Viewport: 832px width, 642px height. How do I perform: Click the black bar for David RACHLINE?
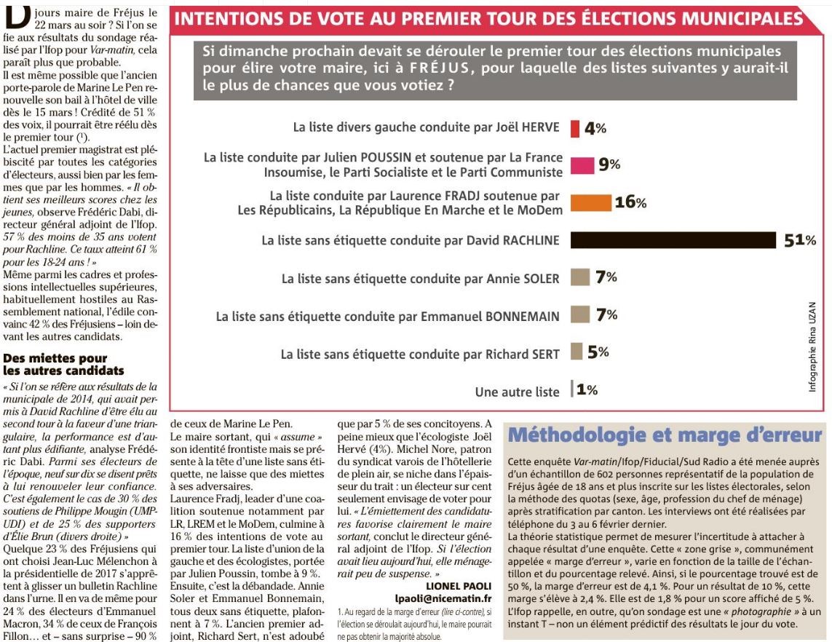tap(673, 239)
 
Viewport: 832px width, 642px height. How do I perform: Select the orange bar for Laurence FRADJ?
tap(591, 202)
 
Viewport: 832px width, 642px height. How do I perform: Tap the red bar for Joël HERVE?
tap(575, 128)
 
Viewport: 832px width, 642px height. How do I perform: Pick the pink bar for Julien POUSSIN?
tap(582, 165)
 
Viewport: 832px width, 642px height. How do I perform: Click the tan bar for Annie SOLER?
tap(580, 277)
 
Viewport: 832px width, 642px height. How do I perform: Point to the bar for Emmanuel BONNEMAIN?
tap(580, 314)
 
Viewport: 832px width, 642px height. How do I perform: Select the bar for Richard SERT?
tap(577, 352)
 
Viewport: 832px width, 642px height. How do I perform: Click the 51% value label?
tap(800, 240)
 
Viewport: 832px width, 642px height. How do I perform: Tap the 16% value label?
tap(630, 202)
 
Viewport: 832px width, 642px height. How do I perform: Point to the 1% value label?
tap(587, 389)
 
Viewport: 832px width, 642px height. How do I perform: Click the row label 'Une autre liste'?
tap(517, 392)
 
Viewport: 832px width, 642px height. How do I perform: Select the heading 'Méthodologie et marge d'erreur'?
tap(665, 435)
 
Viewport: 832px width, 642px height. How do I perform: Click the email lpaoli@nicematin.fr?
tap(443, 598)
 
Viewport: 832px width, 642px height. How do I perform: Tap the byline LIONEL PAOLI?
tap(459, 586)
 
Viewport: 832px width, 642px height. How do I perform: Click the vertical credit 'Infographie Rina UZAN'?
tap(812, 347)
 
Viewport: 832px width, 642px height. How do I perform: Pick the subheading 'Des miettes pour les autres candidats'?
tap(63, 365)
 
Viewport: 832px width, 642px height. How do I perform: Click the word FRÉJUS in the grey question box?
tap(440, 68)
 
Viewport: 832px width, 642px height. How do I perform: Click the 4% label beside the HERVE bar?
tap(595, 128)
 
